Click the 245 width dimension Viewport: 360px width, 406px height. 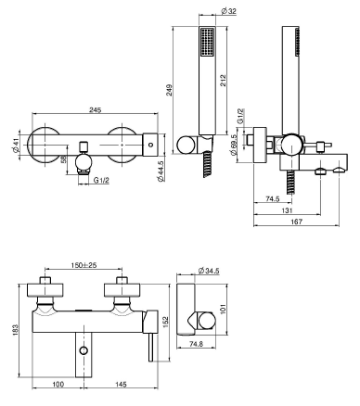pyautogui.click(x=95, y=109)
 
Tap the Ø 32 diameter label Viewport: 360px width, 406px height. pyautogui.click(x=228, y=11)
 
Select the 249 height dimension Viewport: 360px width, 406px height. pyautogui.click(x=170, y=90)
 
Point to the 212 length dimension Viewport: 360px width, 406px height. pyautogui.click(x=223, y=81)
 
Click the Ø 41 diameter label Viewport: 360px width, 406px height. pyautogui.click(x=16, y=145)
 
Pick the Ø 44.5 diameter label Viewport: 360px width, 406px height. pyautogui.click(x=161, y=171)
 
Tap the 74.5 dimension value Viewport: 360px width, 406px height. pyautogui.click(x=273, y=199)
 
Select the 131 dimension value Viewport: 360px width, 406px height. pyautogui.click(x=287, y=210)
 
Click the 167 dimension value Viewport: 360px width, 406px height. pyautogui.click(x=297, y=222)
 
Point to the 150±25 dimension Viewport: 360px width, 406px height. pyautogui.click(x=84, y=265)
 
